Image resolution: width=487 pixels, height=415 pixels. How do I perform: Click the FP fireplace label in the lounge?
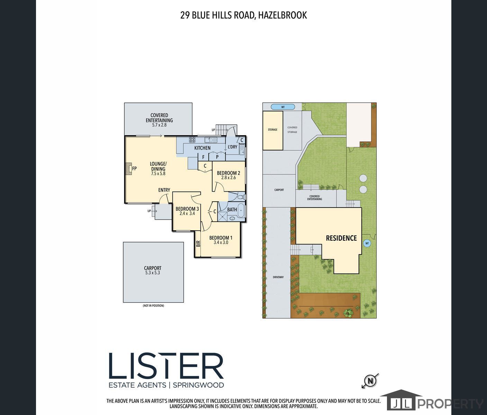pos(134,168)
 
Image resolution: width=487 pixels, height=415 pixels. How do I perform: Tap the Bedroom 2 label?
pos(228,173)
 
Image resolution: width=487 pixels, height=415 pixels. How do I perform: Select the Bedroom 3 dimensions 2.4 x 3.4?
pos(187,213)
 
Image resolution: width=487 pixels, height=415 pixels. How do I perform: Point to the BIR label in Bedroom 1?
pos(198,243)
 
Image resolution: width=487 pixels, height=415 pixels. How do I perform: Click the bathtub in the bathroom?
pos(241,210)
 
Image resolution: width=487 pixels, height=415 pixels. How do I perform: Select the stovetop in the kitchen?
pos(192,140)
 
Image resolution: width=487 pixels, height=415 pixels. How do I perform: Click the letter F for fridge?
pos(203,157)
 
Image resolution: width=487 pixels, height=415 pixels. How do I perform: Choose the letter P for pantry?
pos(217,157)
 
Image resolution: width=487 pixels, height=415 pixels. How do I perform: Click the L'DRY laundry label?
pos(232,147)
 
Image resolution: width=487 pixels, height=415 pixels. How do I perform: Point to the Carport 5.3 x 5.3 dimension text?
pos(153,273)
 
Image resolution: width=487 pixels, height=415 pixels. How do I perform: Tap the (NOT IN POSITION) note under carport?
pos(153,305)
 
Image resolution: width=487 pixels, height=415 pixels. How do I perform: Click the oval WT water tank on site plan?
pos(283,107)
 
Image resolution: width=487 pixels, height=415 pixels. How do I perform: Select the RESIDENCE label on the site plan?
pos(341,238)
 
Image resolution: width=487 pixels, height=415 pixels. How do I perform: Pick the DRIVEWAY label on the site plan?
pos(278,277)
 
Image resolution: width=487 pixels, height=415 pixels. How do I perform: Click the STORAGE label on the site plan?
pos(273,130)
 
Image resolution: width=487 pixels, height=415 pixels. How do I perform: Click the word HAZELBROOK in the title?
pos(282,15)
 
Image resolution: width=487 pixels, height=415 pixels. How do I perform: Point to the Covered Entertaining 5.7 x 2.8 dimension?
pos(159,125)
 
